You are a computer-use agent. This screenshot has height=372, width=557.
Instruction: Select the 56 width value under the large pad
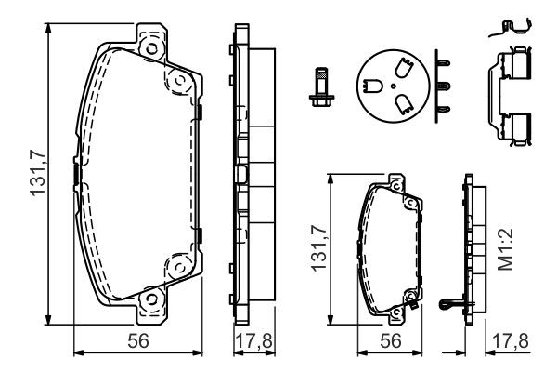(138, 341)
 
